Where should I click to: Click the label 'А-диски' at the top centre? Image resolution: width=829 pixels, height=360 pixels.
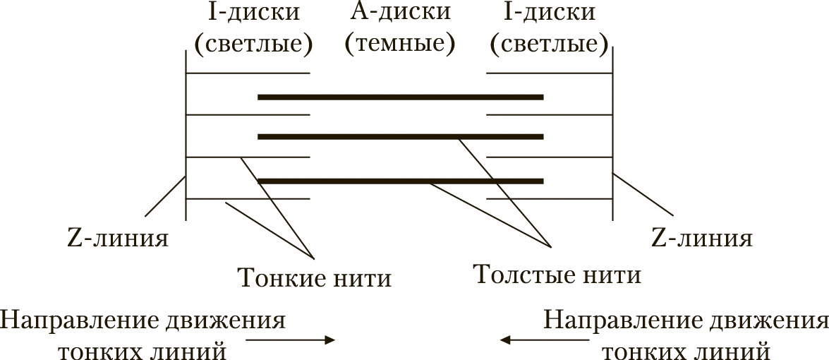[x=400, y=11]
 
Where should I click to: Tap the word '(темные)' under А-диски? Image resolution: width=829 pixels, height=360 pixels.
[x=400, y=44]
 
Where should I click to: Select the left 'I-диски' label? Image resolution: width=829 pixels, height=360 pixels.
[x=254, y=12]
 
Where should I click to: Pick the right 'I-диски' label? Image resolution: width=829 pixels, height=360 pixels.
[x=550, y=12]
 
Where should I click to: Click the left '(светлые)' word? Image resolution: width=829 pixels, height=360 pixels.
[x=254, y=45]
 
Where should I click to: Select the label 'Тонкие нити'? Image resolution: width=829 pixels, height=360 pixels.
[x=315, y=277]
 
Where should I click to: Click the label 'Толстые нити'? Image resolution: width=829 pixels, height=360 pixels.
[x=557, y=275]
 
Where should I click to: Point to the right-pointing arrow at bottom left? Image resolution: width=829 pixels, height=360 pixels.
[x=290, y=340]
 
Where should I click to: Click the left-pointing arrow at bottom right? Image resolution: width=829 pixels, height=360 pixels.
[x=545, y=340]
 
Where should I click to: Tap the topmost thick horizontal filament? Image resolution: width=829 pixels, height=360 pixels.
[x=401, y=97]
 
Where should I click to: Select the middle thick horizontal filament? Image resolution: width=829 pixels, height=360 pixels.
[x=401, y=136]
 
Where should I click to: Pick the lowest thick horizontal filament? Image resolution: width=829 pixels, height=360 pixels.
[x=401, y=181]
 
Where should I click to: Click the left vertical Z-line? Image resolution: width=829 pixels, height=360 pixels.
[x=186, y=136]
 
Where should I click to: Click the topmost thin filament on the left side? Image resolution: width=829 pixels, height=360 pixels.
[x=248, y=73]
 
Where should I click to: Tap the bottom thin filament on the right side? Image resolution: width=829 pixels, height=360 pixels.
[x=550, y=199]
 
